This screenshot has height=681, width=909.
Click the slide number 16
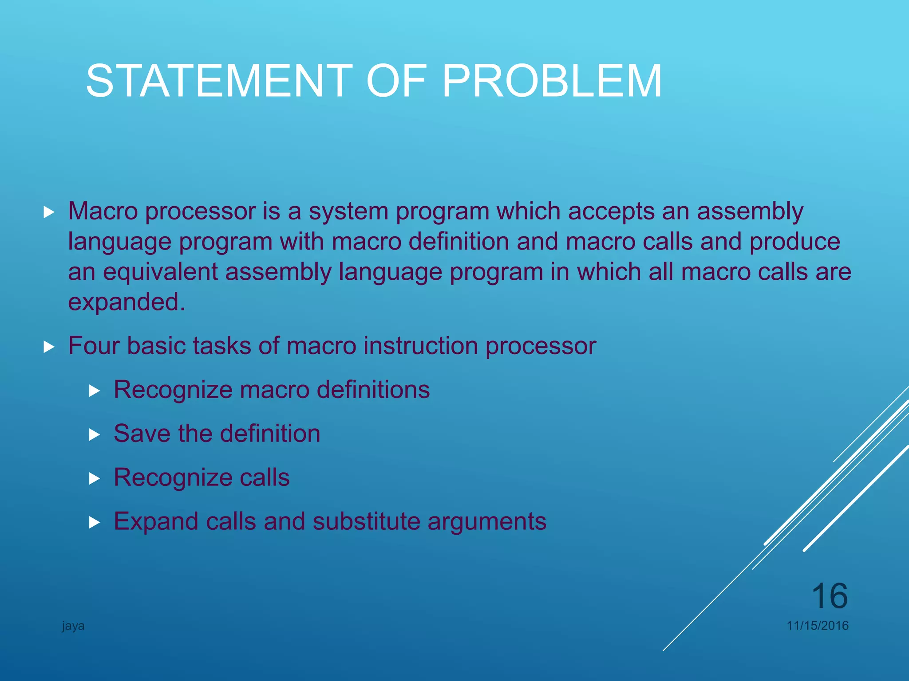coord(829,596)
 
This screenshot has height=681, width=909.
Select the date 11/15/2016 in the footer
coord(817,626)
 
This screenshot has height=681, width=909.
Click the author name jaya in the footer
coord(73,626)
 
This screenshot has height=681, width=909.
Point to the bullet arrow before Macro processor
coord(49,212)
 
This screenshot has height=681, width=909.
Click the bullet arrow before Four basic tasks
coord(49,347)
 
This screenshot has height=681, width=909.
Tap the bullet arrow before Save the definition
coord(94,435)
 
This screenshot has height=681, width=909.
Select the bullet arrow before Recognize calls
coord(94,479)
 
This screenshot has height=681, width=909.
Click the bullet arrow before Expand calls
coord(94,523)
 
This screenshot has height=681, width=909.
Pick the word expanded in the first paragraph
coord(126,303)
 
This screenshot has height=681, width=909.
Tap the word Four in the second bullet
coord(94,346)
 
